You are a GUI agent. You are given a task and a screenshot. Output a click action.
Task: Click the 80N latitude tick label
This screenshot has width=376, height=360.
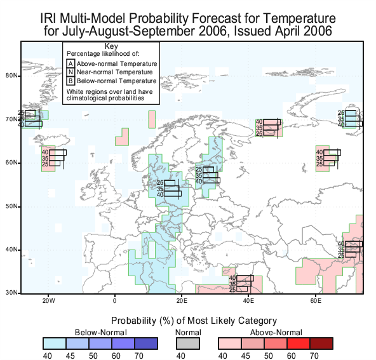point(11,76)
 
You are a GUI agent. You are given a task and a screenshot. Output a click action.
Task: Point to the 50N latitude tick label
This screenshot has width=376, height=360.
point(11,206)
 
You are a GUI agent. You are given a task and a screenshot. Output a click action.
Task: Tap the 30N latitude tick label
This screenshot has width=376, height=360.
point(11,293)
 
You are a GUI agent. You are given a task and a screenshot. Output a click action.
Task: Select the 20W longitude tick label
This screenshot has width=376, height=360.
point(48,301)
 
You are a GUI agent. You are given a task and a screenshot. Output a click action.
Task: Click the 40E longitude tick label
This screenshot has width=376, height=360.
point(248,301)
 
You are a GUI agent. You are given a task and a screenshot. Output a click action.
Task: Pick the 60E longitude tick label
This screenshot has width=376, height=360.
point(316,301)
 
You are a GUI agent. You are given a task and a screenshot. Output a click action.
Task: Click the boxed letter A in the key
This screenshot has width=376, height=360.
point(70,63)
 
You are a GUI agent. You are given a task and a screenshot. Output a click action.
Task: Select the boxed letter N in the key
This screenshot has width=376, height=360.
point(70,72)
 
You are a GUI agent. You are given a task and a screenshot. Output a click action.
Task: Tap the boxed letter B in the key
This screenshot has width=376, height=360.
point(70,81)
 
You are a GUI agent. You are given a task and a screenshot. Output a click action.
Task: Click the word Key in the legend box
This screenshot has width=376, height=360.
point(111,46)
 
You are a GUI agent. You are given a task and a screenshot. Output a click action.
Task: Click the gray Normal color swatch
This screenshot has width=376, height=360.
point(188,343)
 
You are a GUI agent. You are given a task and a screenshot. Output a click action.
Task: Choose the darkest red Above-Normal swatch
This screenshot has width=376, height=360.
point(321,343)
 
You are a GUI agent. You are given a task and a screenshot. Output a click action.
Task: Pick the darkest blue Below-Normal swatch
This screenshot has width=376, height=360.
point(146,343)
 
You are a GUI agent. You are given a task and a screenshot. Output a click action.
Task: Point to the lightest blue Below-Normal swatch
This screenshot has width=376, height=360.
point(55,343)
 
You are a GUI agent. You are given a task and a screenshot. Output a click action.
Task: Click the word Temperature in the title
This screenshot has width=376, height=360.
point(300,18)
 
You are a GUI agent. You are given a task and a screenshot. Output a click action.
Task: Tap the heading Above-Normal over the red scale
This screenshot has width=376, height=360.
point(276,333)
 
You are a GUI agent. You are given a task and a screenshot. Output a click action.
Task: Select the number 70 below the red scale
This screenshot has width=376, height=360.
point(314,356)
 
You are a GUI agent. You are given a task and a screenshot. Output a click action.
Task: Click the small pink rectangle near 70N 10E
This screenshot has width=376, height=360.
point(152,119)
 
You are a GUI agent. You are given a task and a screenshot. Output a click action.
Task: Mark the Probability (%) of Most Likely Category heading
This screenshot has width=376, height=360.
point(194,321)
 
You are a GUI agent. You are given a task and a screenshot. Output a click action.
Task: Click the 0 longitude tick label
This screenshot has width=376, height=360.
point(115,301)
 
